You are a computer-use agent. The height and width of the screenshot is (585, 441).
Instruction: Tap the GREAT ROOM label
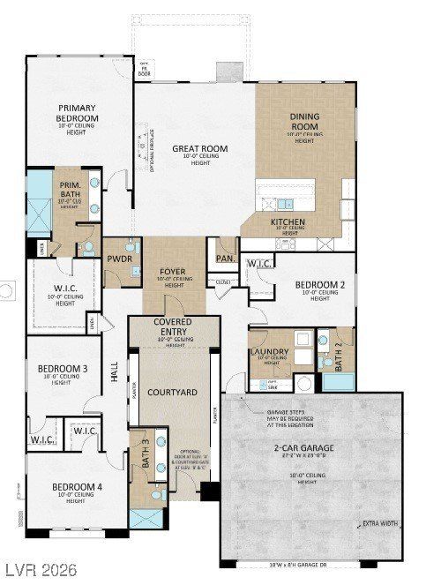click(200, 149)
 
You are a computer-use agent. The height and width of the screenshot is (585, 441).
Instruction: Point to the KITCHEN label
click(288, 222)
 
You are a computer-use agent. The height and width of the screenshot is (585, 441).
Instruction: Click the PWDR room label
click(119, 260)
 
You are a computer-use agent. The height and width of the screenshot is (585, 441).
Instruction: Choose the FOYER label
click(172, 272)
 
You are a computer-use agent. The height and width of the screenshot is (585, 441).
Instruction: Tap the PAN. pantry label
click(224, 259)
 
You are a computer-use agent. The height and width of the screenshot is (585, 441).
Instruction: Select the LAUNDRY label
click(269, 352)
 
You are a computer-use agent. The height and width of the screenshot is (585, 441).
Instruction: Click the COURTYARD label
click(171, 391)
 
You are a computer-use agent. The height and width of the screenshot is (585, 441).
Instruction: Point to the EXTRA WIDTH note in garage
click(381, 524)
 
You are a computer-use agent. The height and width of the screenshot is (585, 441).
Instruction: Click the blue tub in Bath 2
click(337, 382)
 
